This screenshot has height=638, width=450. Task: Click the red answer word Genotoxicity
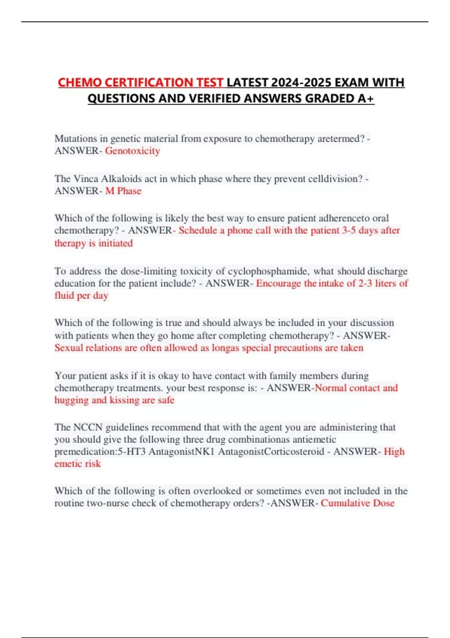click(x=132, y=151)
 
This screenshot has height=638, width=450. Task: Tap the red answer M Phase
click(x=123, y=191)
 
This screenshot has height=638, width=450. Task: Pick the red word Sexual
click(x=69, y=348)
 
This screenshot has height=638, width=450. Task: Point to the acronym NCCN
click(x=88, y=427)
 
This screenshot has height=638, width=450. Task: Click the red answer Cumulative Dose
click(x=357, y=503)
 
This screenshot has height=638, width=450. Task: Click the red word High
click(x=394, y=451)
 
